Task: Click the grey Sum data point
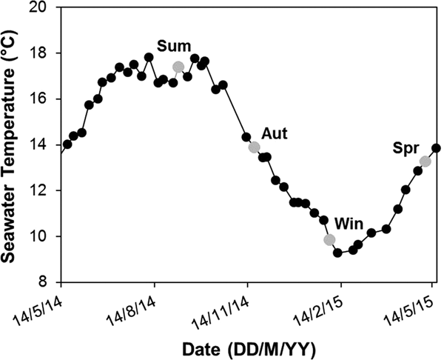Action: [x=178, y=67]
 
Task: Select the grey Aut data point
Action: [x=255, y=147]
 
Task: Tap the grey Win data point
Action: [x=329, y=239]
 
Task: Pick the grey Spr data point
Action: [x=425, y=161]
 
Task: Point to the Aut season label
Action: [x=274, y=133]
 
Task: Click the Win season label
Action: [x=349, y=222]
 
